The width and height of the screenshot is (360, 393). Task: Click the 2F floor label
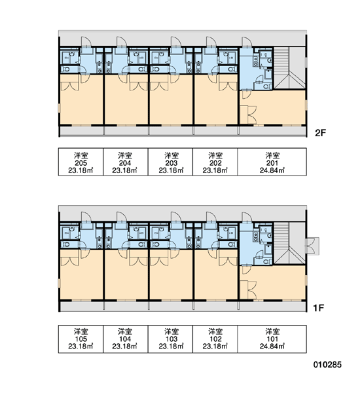click(320, 133)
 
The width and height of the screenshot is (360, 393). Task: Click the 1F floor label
click(319, 308)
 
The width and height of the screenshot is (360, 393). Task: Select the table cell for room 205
click(81, 162)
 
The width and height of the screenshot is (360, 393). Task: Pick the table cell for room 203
click(170, 162)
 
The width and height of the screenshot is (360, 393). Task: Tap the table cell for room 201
click(272, 162)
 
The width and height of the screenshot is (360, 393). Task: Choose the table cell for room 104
click(126, 339)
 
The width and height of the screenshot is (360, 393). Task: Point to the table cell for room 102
click(215, 339)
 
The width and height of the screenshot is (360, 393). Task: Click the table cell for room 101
click(272, 339)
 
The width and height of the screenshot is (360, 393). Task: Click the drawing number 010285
click(327, 365)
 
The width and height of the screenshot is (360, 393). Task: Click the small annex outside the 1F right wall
click(312, 246)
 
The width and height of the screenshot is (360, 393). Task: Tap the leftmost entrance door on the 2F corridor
click(85, 42)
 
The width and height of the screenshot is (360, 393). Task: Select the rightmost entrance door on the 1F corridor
click(246, 217)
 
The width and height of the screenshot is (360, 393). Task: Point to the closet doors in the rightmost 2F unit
click(252, 115)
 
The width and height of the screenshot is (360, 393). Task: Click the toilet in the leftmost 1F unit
click(65, 244)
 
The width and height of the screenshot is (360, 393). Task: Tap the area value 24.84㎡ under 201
click(272, 171)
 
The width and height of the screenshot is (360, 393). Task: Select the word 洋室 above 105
click(81, 331)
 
